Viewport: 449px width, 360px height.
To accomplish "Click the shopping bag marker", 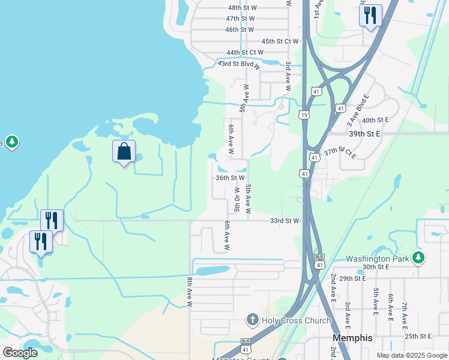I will coord(124,152).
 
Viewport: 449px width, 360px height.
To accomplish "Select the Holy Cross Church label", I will coord(296,320).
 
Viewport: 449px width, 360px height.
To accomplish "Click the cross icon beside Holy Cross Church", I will coord(253,320).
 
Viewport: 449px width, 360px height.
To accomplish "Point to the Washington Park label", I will coord(378,259).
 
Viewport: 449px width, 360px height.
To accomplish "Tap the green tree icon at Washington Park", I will coord(418,259).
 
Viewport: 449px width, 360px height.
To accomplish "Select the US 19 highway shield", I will coord(305,115).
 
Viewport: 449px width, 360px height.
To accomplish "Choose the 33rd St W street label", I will coord(284,221).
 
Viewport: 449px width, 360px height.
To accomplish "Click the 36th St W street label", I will coord(230,178).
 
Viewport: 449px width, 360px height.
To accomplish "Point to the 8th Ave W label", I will coord(190,292).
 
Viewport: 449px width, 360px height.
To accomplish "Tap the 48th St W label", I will coord(242,8).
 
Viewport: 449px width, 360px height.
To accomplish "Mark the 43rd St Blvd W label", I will coord(240,64).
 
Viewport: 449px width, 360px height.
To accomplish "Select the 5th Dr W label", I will coord(237,199).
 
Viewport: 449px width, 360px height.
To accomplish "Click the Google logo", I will coord(20,353).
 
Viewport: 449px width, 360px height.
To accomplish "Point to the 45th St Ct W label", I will coord(280,41).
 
